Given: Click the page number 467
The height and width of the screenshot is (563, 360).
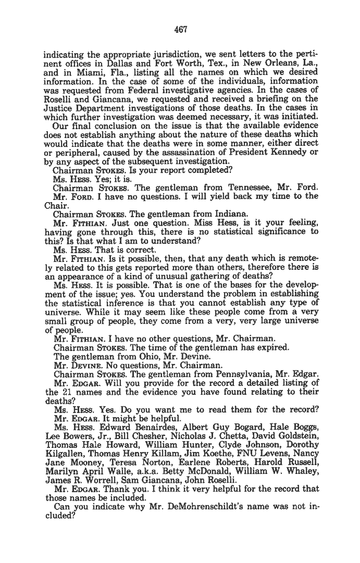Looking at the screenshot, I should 180,29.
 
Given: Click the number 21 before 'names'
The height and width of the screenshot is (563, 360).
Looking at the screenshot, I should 64,392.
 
